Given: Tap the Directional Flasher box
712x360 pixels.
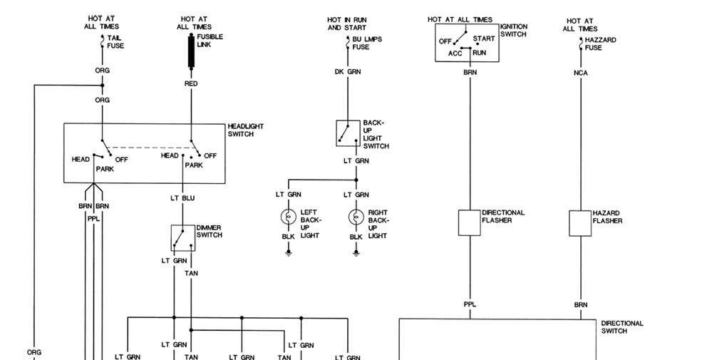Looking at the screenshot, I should click(x=470, y=222).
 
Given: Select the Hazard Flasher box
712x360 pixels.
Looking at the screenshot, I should click(x=580, y=222).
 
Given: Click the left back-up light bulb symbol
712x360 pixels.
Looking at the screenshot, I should click(x=289, y=217).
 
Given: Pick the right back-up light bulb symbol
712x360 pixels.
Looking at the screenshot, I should click(x=356, y=217).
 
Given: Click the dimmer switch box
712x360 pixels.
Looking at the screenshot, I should click(x=182, y=238).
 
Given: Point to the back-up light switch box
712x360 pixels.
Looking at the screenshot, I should click(x=348, y=133).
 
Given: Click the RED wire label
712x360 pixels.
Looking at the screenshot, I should click(x=191, y=83).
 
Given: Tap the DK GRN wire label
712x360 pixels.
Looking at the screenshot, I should click(x=347, y=72).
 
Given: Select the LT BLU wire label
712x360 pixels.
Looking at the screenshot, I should click(x=183, y=197).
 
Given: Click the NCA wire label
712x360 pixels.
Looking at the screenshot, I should click(x=580, y=72).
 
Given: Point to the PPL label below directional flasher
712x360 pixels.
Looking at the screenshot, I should click(x=470, y=304).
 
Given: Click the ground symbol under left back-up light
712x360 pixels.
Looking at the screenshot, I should click(x=289, y=252).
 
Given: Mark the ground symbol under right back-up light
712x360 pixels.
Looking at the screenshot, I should click(x=356, y=252).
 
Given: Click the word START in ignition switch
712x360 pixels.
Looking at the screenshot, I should click(x=484, y=38).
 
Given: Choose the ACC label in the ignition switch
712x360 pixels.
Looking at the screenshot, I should click(x=455, y=53).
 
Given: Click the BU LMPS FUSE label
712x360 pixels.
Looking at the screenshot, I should click(x=363, y=43).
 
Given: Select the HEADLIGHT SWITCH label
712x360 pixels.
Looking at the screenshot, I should click(x=246, y=130).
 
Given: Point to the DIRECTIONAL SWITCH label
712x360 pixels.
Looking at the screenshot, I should click(x=621, y=326).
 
